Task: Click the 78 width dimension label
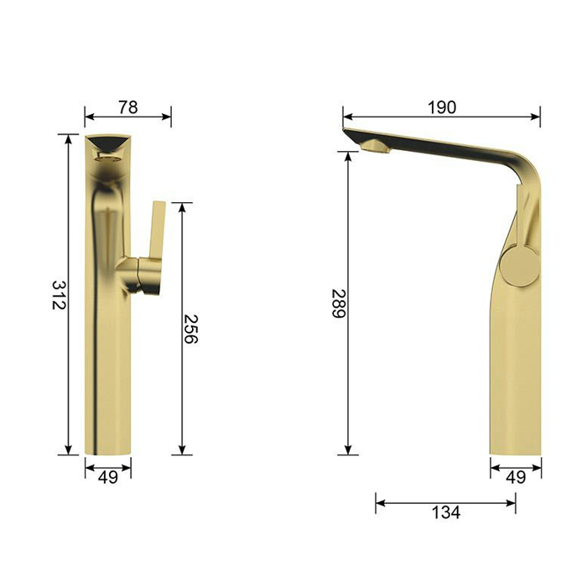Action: coord(128,107)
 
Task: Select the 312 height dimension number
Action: coord(59,295)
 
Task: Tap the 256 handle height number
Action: coord(190,329)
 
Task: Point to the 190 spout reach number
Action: coord(442,107)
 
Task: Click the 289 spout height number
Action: coord(339,304)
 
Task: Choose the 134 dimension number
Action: coord(446,512)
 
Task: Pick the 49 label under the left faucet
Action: coord(108,477)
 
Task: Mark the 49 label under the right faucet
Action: coord(516,477)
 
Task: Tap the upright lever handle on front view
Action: coord(157,230)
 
